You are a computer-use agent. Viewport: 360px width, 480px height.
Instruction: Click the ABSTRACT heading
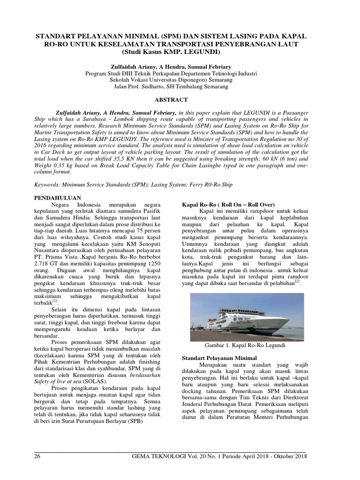[x=171, y=100]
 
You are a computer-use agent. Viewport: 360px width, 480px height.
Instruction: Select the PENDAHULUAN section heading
[x=58, y=198]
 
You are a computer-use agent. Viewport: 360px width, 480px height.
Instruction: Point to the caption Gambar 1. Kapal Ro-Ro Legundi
[x=244, y=345]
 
